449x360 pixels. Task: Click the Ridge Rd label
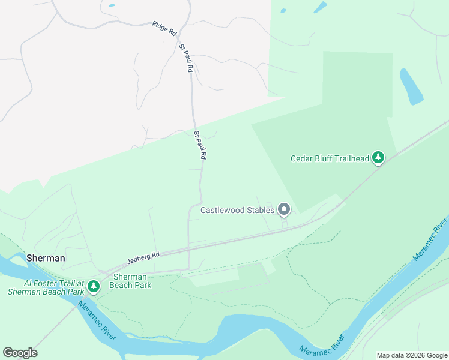164,27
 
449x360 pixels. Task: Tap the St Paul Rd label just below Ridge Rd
185,58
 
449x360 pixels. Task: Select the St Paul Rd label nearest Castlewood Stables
200,145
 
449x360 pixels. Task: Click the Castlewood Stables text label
237,210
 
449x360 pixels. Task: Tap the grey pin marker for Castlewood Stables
284,209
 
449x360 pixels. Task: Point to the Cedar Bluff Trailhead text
329,158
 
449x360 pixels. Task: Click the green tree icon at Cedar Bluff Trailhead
378,158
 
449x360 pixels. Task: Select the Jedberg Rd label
143,258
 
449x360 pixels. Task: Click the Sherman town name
45,257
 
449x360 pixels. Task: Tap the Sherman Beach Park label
132,281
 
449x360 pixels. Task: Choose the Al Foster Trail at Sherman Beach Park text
45,287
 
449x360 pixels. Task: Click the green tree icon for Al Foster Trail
93,287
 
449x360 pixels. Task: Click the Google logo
20,353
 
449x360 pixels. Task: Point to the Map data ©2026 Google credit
411,355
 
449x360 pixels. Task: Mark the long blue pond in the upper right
411,86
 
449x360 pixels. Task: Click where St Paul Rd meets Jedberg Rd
188,249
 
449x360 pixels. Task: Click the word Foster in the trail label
45,283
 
